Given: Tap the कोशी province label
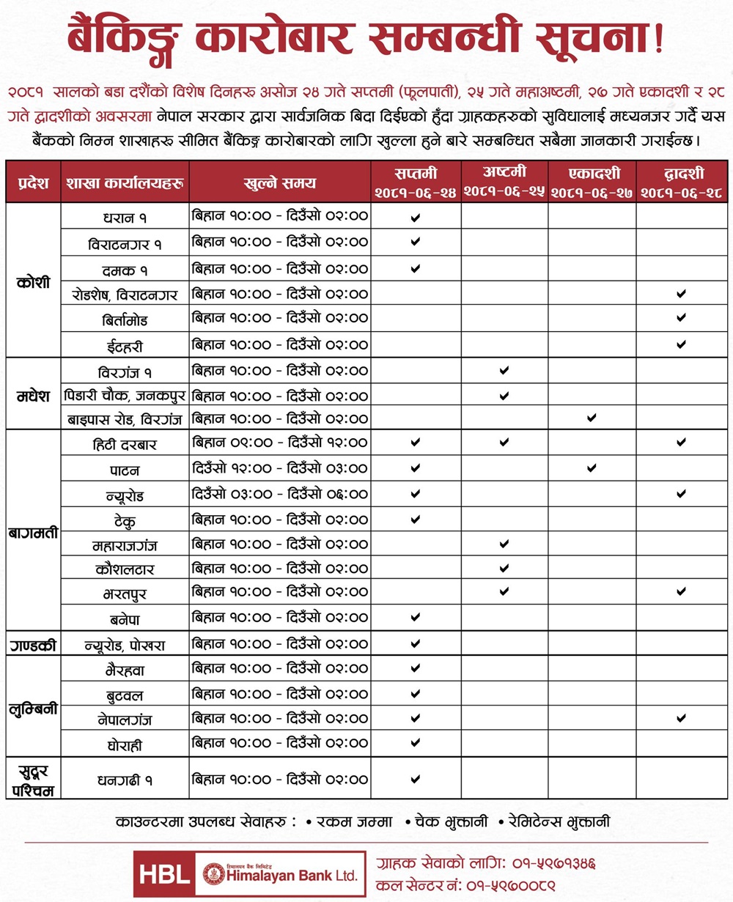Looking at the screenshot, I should [x=33, y=282].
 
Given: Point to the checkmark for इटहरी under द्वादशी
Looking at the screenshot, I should [x=681, y=344].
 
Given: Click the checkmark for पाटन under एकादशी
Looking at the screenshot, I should [x=592, y=467].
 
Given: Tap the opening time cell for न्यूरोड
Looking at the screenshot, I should [x=279, y=494].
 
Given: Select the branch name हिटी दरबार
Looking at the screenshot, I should [x=125, y=444].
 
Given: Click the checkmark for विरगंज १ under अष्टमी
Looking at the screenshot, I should [x=504, y=370].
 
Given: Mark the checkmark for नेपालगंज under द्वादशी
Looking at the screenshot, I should [x=681, y=718].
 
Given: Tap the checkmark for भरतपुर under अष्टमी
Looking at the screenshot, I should [x=504, y=591].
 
